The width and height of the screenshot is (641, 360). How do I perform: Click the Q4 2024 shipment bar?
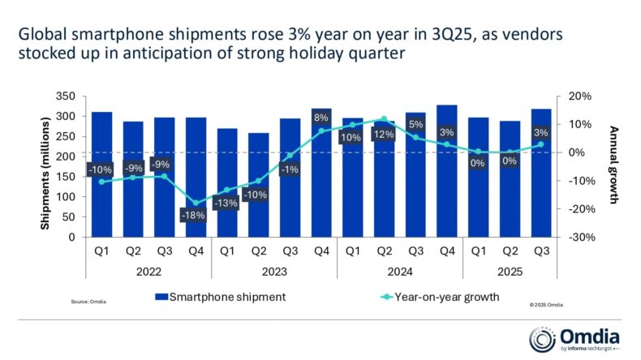(x=446, y=171)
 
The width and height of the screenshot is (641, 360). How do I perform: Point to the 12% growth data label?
(x=383, y=134)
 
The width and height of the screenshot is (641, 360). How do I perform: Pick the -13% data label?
(x=226, y=204)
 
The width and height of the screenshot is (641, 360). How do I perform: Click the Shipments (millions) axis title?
(x=46, y=166)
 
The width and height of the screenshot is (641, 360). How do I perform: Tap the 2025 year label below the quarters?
(x=509, y=273)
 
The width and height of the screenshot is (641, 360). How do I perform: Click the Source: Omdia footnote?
(x=88, y=302)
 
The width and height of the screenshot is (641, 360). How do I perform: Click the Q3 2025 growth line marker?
(x=540, y=145)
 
